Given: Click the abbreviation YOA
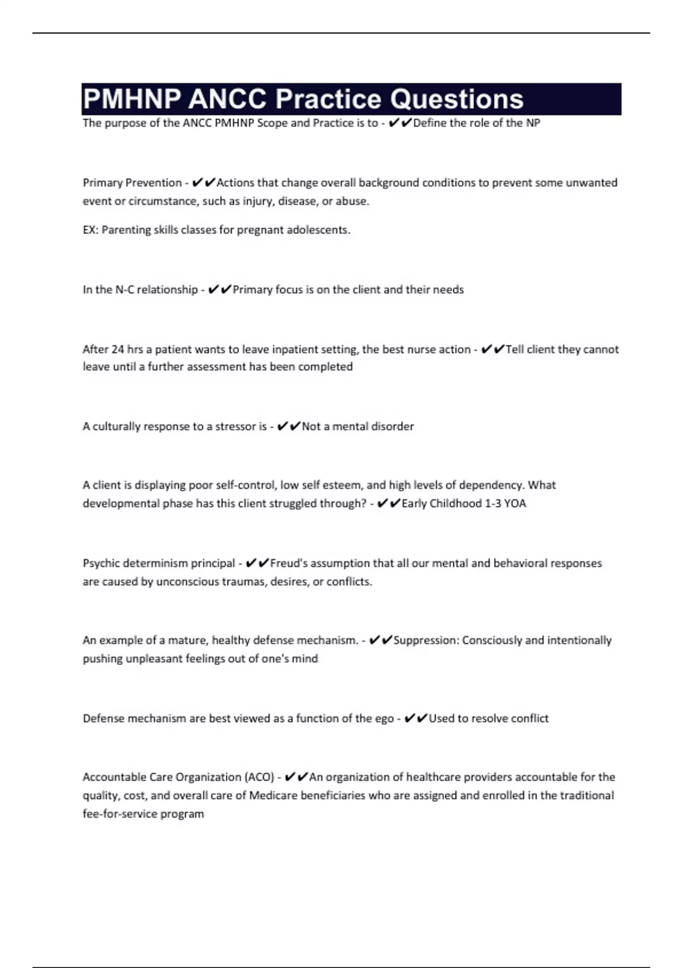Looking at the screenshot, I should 515,503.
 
